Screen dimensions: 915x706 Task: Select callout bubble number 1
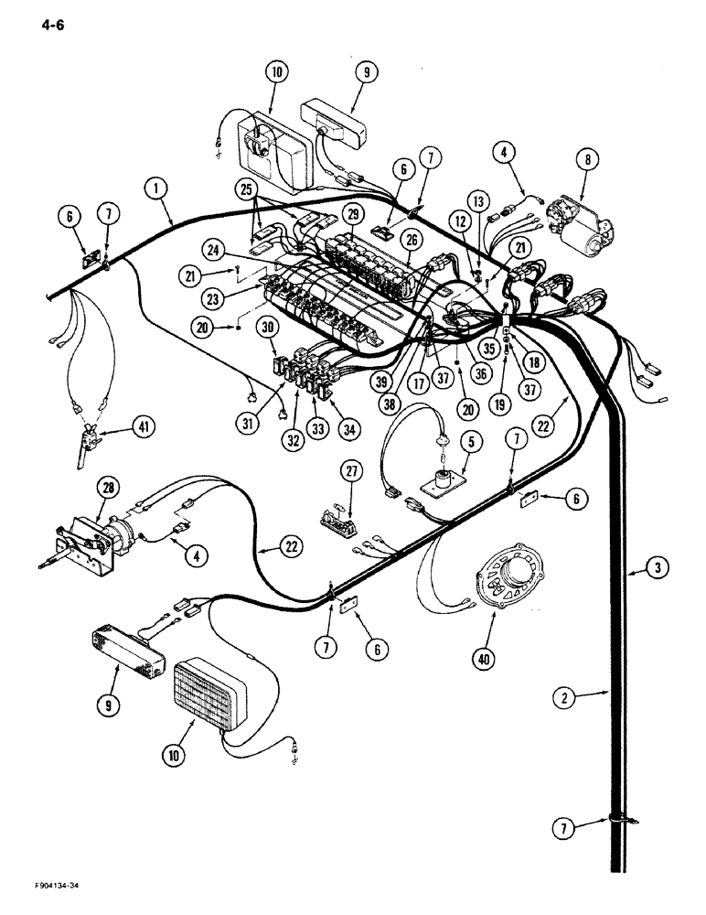(157, 189)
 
